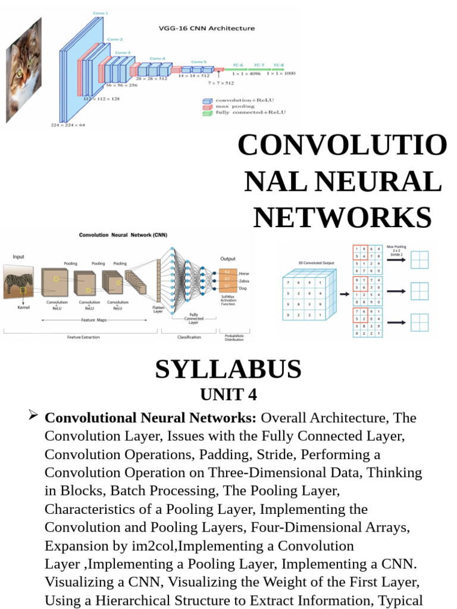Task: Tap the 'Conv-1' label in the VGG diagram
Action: [x=101, y=12]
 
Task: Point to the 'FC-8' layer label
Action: [x=278, y=64]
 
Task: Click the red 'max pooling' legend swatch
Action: [x=206, y=106]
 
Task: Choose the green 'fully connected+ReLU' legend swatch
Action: [x=206, y=112]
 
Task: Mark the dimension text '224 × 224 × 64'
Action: [x=67, y=125]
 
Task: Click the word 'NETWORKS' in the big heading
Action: [x=342, y=217]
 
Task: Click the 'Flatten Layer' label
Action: [x=158, y=309]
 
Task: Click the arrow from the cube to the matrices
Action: [x=346, y=293]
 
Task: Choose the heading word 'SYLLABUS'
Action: [x=228, y=369]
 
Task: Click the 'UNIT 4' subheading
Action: [x=228, y=395]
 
